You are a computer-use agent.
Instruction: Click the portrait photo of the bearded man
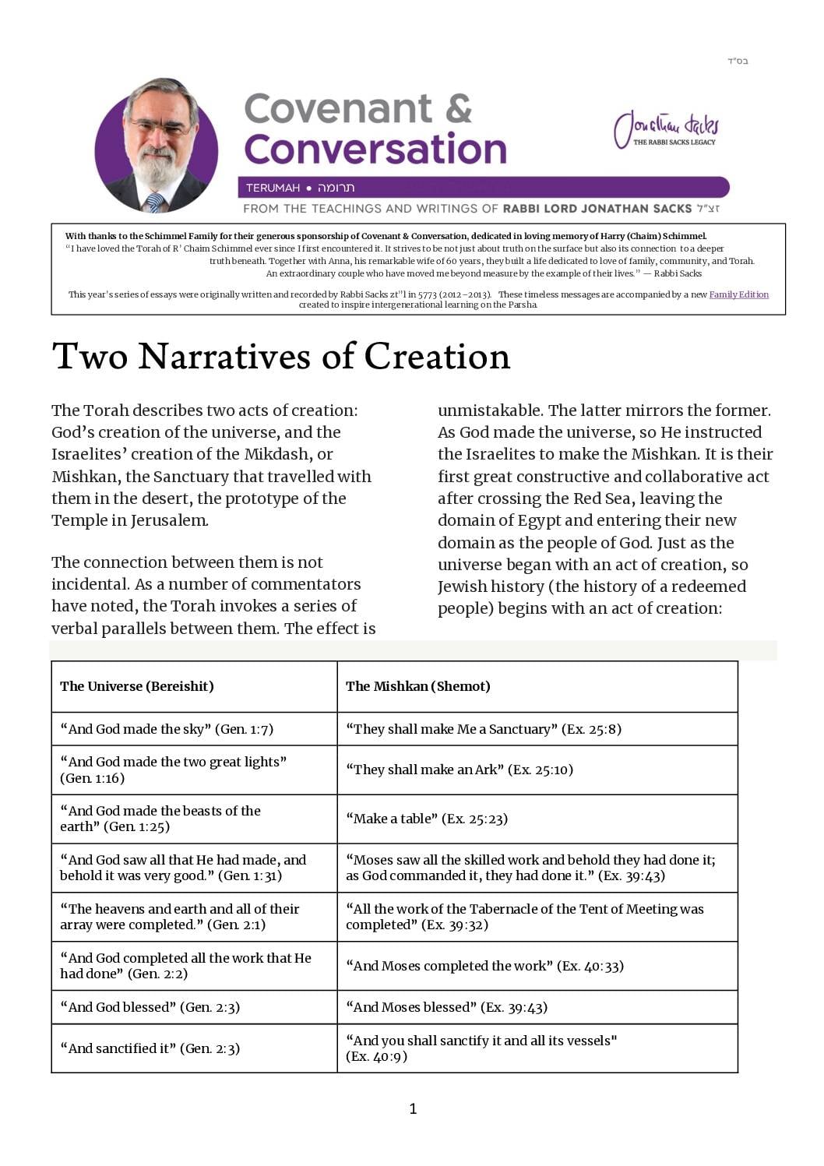(157, 146)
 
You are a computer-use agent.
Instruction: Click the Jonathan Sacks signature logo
(666, 129)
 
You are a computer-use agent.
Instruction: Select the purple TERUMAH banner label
(273, 188)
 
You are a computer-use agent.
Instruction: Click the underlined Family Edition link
(738, 294)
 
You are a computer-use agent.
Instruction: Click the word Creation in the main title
(437, 357)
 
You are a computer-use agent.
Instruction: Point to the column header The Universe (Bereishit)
(137, 686)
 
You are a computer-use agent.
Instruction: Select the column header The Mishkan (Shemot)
(418, 686)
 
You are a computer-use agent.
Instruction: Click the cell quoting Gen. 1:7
(167, 729)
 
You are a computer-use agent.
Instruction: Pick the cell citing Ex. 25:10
(460, 770)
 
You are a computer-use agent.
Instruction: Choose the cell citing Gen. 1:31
(183, 868)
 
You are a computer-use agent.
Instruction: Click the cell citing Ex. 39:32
(524, 917)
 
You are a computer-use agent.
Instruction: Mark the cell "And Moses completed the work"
(484, 966)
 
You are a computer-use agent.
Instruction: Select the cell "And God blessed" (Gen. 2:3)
(150, 1007)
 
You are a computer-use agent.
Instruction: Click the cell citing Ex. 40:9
(481, 1048)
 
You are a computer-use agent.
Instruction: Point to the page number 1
(413, 1108)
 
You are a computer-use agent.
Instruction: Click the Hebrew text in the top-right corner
(738, 61)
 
